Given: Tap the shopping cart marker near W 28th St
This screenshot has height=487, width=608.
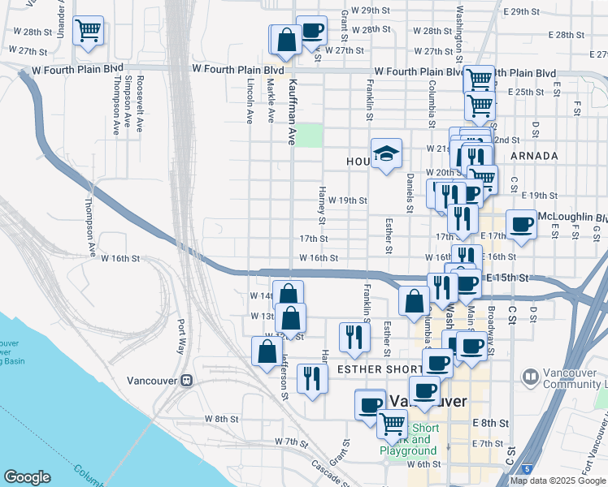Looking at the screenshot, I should click(88, 32).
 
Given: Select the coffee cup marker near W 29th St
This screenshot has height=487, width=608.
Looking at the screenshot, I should click(311, 32).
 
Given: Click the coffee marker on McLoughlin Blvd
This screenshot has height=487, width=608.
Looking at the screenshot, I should click(521, 223).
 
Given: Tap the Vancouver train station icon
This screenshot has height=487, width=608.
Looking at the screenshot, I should click(186, 380).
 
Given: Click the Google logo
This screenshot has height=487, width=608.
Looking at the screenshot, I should click(27, 477).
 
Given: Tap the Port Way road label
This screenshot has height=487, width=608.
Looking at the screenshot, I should click(180, 336).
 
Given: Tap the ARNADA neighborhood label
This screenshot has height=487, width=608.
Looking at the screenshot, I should click(533, 155).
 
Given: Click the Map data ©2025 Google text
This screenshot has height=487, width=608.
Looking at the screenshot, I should click(558, 481).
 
